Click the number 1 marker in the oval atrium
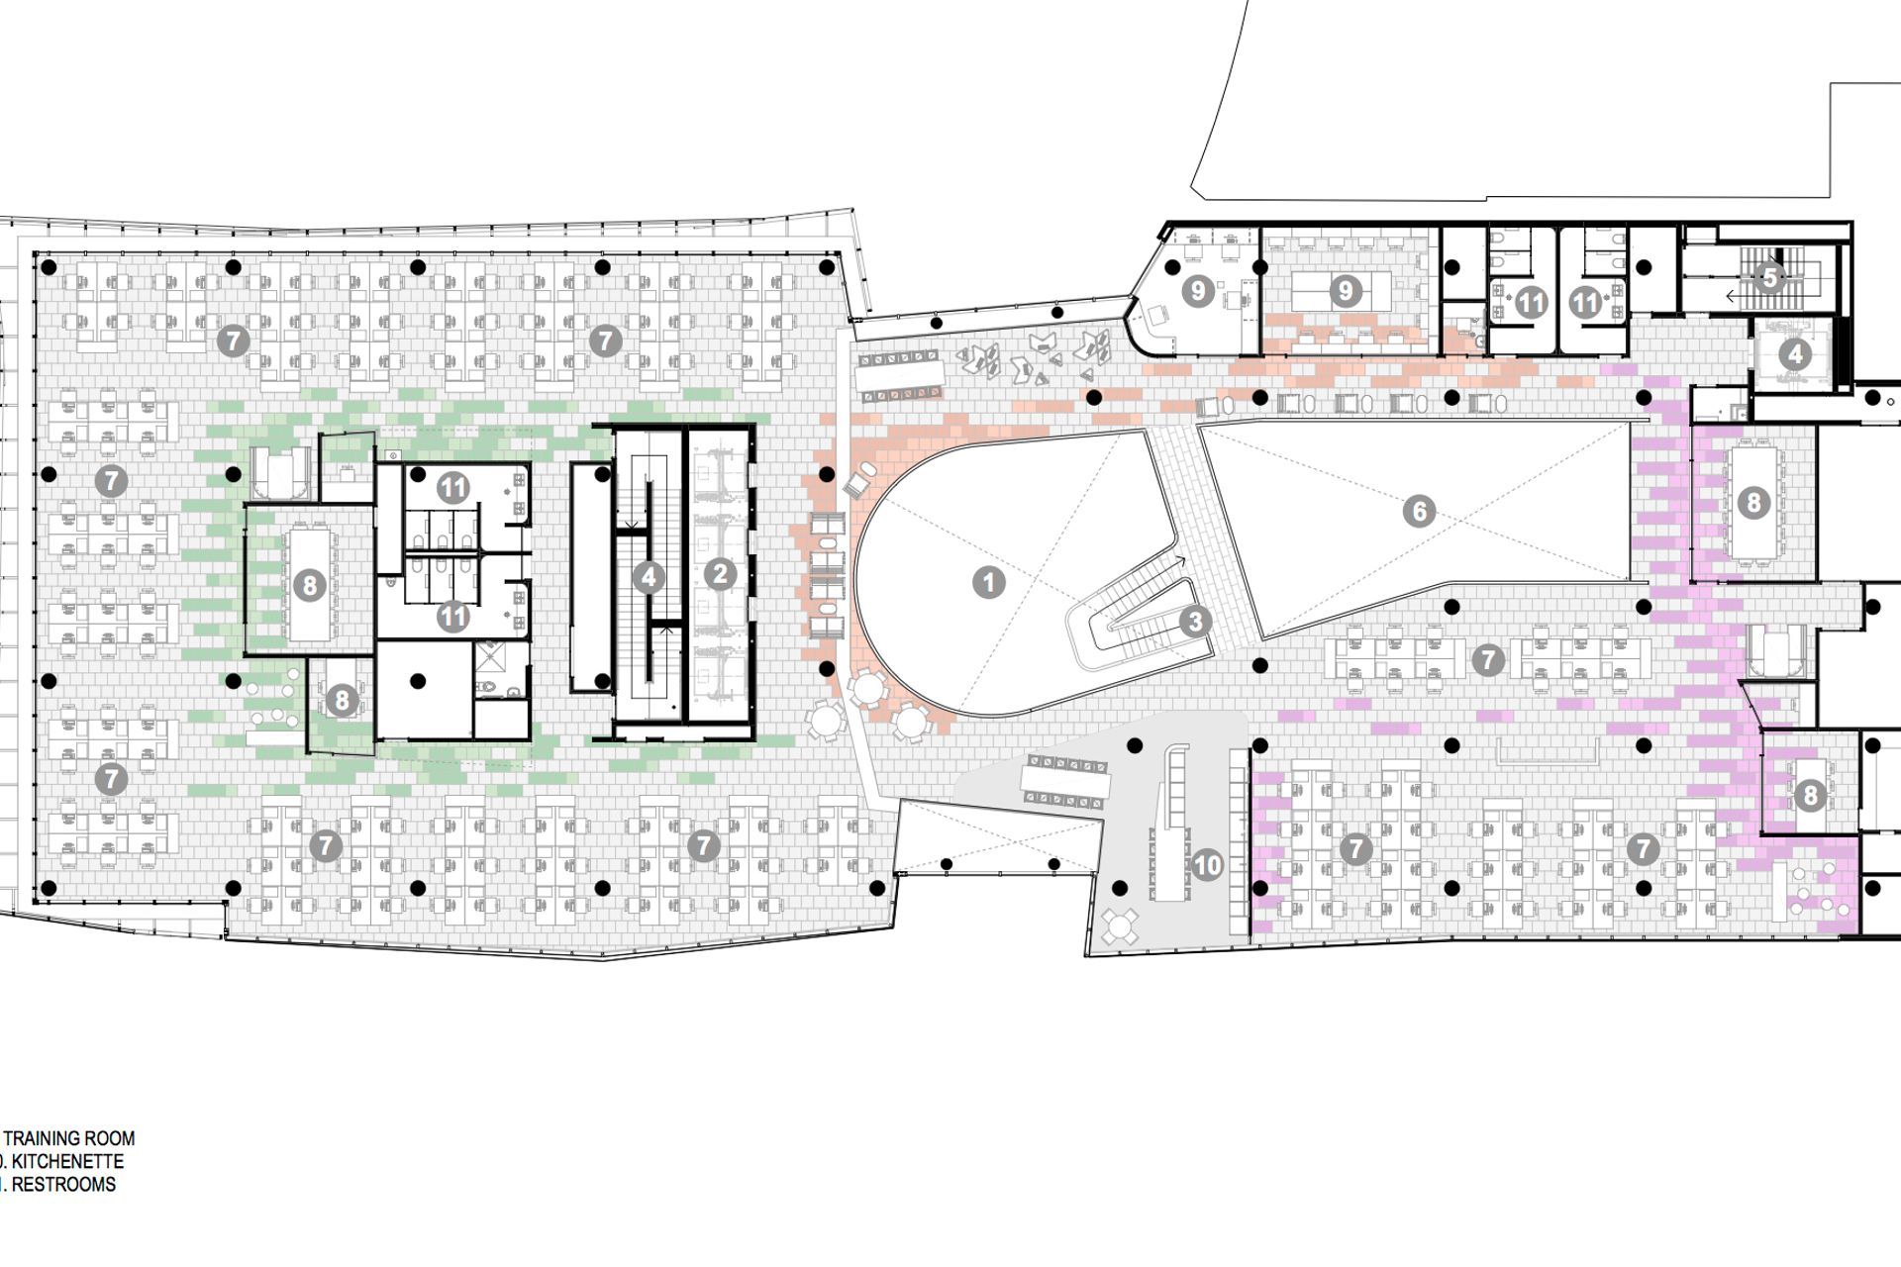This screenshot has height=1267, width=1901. [x=988, y=582]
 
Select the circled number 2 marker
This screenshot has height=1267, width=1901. [x=720, y=573]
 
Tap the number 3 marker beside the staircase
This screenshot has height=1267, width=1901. [x=1195, y=622]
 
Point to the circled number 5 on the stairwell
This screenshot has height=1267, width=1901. [x=1770, y=278]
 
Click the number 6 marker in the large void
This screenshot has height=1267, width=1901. [x=1419, y=512]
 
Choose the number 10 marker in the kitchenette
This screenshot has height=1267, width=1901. [x=1207, y=865]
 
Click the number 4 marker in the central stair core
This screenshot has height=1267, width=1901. [x=649, y=576]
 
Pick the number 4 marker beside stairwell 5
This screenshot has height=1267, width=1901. [x=1794, y=353]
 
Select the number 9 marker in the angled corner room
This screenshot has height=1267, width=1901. [x=1198, y=291]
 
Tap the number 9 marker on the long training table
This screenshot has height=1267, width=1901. [x=1345, y=291]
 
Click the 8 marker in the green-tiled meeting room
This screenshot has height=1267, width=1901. [x=309, y=585]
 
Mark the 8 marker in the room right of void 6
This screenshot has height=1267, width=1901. [x=1753, y=503]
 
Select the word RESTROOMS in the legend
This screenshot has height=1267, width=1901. [x=61, y=1184]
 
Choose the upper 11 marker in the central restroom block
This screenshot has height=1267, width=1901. [x=453, y=487]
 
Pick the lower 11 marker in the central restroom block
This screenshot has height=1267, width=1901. [x=453, y=617]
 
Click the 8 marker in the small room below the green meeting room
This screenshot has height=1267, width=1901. [x=341, y=701]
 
